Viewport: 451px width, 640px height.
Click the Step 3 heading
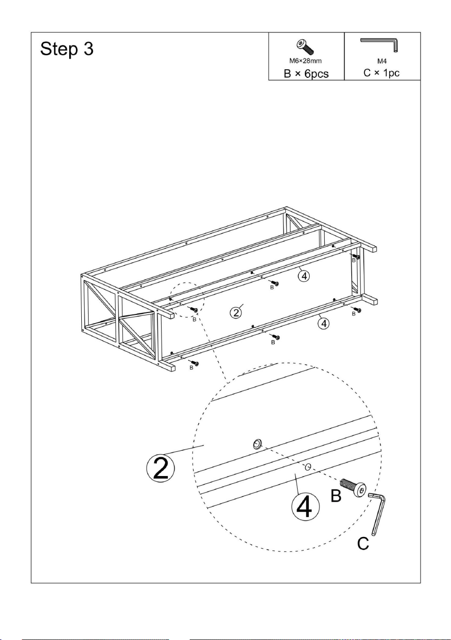[x=67, y=48]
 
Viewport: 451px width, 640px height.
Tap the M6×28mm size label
[x=305, y=61]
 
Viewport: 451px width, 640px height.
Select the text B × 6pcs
[x=306, y=74]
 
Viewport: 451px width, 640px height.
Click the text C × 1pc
[x=381, y=73]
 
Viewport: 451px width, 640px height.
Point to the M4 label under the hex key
[x=382, y=61]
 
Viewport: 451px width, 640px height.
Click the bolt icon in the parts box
[x=305, y=47]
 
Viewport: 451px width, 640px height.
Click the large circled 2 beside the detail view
[x=161, y=468]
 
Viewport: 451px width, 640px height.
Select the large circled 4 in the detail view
[x=305, y=507]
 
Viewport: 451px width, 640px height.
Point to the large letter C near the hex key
[x=363, y=543]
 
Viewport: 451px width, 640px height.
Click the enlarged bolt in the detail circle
[x=354, y=488]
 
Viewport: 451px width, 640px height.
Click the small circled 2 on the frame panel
[x=236, y=313]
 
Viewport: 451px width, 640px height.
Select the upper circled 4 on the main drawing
[x=304, y=276]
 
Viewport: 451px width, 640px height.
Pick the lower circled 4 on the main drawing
[x=324, y=324]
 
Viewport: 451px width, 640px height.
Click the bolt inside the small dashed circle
[x=194, y=310]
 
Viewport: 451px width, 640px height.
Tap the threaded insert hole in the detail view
[x=257, y=444]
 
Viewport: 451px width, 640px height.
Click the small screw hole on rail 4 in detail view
[x=308, y=467]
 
